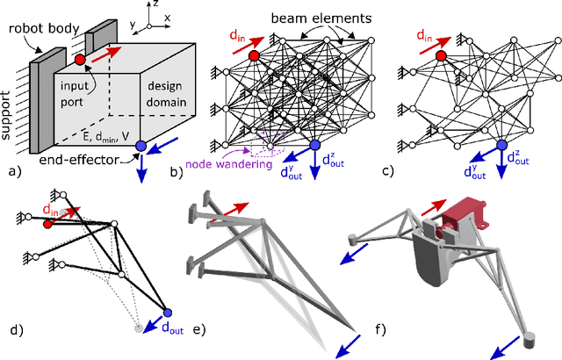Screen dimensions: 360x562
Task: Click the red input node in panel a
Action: (x=80, y=60)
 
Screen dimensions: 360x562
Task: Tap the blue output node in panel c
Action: (x=501, y=146)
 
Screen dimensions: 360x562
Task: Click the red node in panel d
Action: (x=47, y=223)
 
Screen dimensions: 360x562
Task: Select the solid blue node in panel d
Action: (x=169, y=313)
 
